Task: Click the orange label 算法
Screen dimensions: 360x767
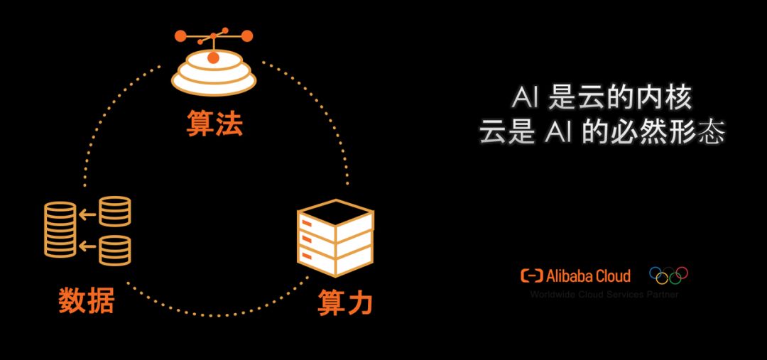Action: click(214, 124)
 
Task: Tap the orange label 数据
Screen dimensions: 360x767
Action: click(87, 301)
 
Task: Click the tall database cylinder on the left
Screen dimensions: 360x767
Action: click(60, 229)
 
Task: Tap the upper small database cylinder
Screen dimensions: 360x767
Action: click(114, 212)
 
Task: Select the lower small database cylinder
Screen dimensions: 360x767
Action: click(114, 250)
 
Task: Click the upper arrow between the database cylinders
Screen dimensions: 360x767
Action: click(88, 212)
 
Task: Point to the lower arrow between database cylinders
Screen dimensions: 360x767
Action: click(88, 246)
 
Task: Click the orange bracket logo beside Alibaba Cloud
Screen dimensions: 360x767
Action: click(532, 276)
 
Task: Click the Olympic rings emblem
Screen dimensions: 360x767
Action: click(668, 275)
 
